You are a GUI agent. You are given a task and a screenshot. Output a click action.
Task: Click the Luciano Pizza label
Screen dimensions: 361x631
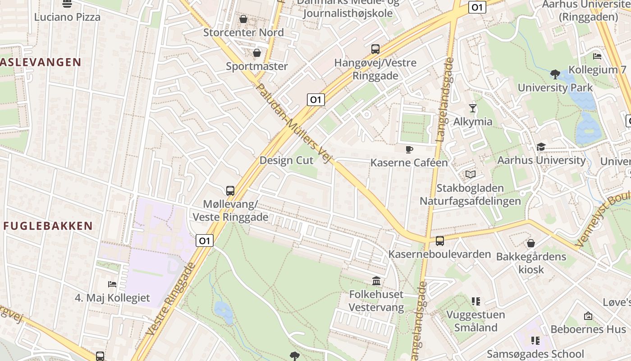(x=67, y=17)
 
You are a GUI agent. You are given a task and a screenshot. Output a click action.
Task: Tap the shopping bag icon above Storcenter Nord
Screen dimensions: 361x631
(x=243, y=19)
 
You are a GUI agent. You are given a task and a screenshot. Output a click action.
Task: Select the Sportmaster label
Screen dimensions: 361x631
(x=256, y=66)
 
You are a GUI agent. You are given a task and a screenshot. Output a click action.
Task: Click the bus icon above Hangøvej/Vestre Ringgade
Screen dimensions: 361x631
(x=375, y=49)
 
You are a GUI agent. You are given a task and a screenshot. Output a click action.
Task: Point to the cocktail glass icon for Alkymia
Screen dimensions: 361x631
(x=472, y=108)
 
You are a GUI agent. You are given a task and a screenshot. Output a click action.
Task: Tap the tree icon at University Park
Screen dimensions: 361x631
(x=555, y=74)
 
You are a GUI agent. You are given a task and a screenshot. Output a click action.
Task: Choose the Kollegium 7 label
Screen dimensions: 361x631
(x=597, y=70)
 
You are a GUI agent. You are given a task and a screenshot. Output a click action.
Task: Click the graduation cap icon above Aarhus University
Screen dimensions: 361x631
(x=541, y=147)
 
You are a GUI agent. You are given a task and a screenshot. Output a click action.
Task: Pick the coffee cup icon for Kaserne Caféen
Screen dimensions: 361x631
(x=409, y=149)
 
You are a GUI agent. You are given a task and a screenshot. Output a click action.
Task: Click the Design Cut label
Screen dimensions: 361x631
(x=286, y=161)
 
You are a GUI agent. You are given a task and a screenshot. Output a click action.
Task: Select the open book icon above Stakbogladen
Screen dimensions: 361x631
(x=471, y=174)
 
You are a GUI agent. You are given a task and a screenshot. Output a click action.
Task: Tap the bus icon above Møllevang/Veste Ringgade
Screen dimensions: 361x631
(x=230, y=190)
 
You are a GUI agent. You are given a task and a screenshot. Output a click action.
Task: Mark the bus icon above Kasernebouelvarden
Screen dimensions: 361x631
(x=439, y=241)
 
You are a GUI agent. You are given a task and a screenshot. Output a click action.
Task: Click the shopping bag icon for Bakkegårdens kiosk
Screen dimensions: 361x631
(x=531, y=243)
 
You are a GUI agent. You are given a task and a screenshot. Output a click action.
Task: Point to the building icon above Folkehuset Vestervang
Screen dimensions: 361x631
(x=376, y=281)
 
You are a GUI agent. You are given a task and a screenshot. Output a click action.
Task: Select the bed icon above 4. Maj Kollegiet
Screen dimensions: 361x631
(x=112, y=284)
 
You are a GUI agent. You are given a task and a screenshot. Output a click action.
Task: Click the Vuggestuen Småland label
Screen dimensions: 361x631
(x=476, y=321)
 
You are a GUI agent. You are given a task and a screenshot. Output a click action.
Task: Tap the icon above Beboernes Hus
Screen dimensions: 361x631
(x=588, y=316)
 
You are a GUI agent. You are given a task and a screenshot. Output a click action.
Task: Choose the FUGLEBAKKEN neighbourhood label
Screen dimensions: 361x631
(x=48, y=226)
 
